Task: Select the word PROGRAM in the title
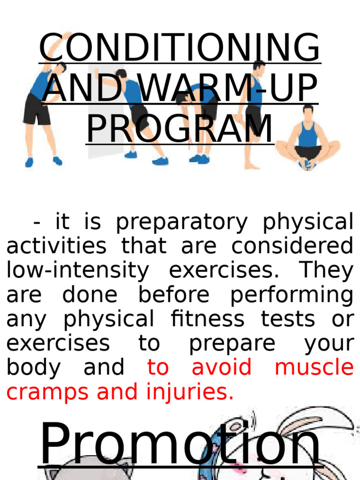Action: pyautogui.click(x=180, y=129)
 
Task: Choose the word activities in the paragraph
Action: pyautogui.click(x=56, y=246)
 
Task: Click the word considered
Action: pyautogui.click(x=292, y=246)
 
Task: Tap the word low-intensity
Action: pyautogui.click(x=77, y=270)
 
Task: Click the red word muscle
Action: pyautogui.click(x=314, y=367)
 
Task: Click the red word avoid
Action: pyautogui.click(x=221, y=367)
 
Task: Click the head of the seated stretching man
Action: pyautogui.click(x=307, y=112)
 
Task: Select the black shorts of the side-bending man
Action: pyautogui.click(x=37, y=108)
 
